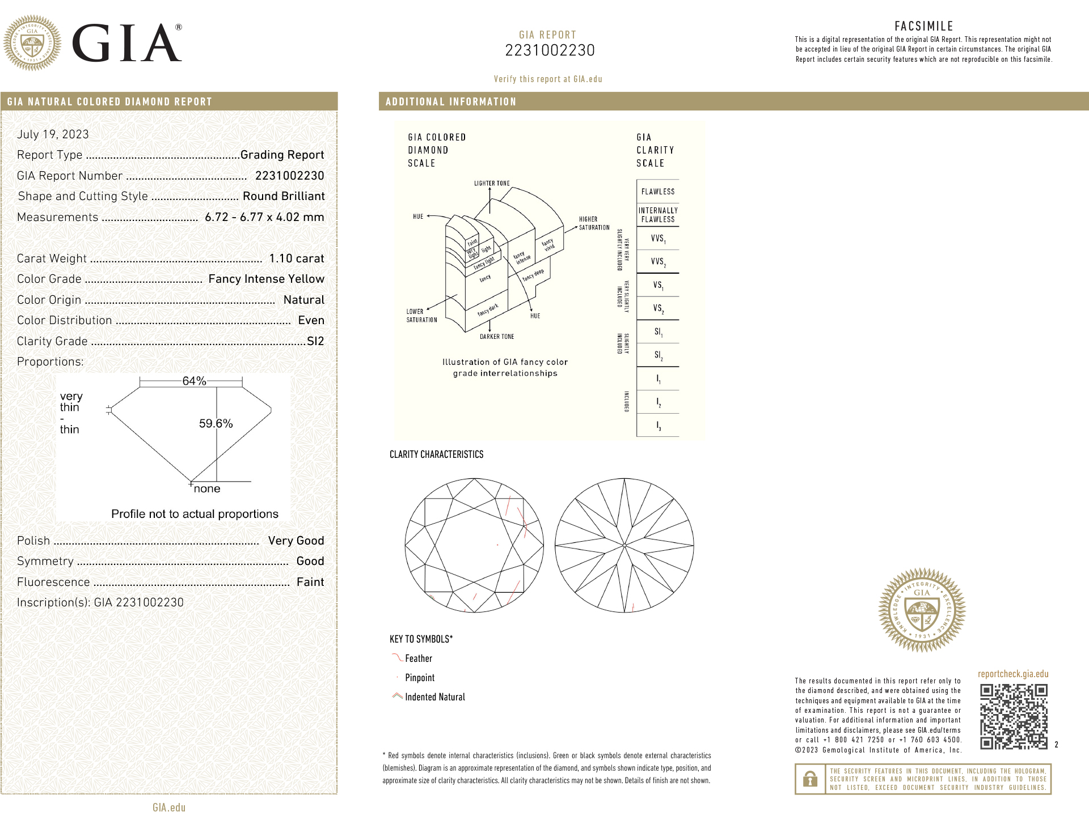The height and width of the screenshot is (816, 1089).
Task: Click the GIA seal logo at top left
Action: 32,43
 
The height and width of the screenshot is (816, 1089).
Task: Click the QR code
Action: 1014,716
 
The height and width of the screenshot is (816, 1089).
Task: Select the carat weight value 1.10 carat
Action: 296,258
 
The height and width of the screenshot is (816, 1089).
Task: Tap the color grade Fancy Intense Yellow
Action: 266,279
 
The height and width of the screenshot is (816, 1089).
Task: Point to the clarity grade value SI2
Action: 315,341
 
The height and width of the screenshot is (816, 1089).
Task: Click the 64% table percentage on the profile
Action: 194,381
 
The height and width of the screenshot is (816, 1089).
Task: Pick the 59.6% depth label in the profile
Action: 216,423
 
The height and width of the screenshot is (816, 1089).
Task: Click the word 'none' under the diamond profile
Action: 207,488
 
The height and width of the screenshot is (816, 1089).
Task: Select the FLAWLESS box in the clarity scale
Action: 658,192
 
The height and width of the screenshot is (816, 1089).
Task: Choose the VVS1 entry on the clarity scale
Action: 658,239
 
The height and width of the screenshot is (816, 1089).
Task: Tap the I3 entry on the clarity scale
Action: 658,425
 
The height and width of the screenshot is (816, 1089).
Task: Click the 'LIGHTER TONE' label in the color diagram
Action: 492,183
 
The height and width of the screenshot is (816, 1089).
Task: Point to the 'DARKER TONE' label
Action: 497,337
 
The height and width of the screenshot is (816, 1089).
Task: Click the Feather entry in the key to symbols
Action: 419,658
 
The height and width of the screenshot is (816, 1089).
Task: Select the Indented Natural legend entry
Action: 434,697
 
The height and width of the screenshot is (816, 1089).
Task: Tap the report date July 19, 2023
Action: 53,134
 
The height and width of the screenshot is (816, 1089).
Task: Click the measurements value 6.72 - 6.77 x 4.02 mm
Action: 264,217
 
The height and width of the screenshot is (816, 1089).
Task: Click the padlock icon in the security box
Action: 810,779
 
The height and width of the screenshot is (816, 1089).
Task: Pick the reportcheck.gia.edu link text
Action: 1013,674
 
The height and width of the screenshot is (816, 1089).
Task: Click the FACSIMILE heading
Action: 923,26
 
